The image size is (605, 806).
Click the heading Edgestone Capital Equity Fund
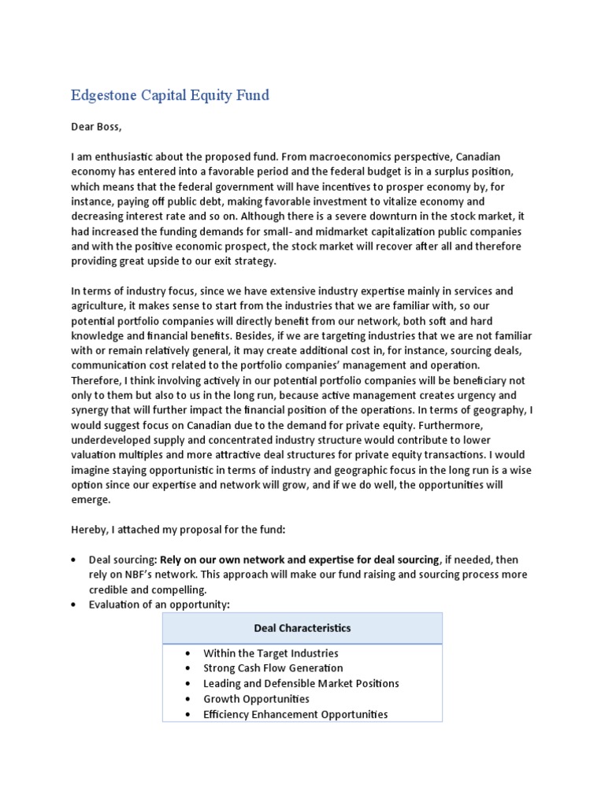pyautogui.click(x=170, y=95)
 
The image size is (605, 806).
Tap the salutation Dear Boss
pyautogui.click(x=97, y=125)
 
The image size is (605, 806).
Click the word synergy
pyautogui.click(x=92, y=410)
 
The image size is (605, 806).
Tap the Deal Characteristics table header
pyautogui.click(x=302, y=628)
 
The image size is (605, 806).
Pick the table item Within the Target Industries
pyautogui.click(x=271, y=653)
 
